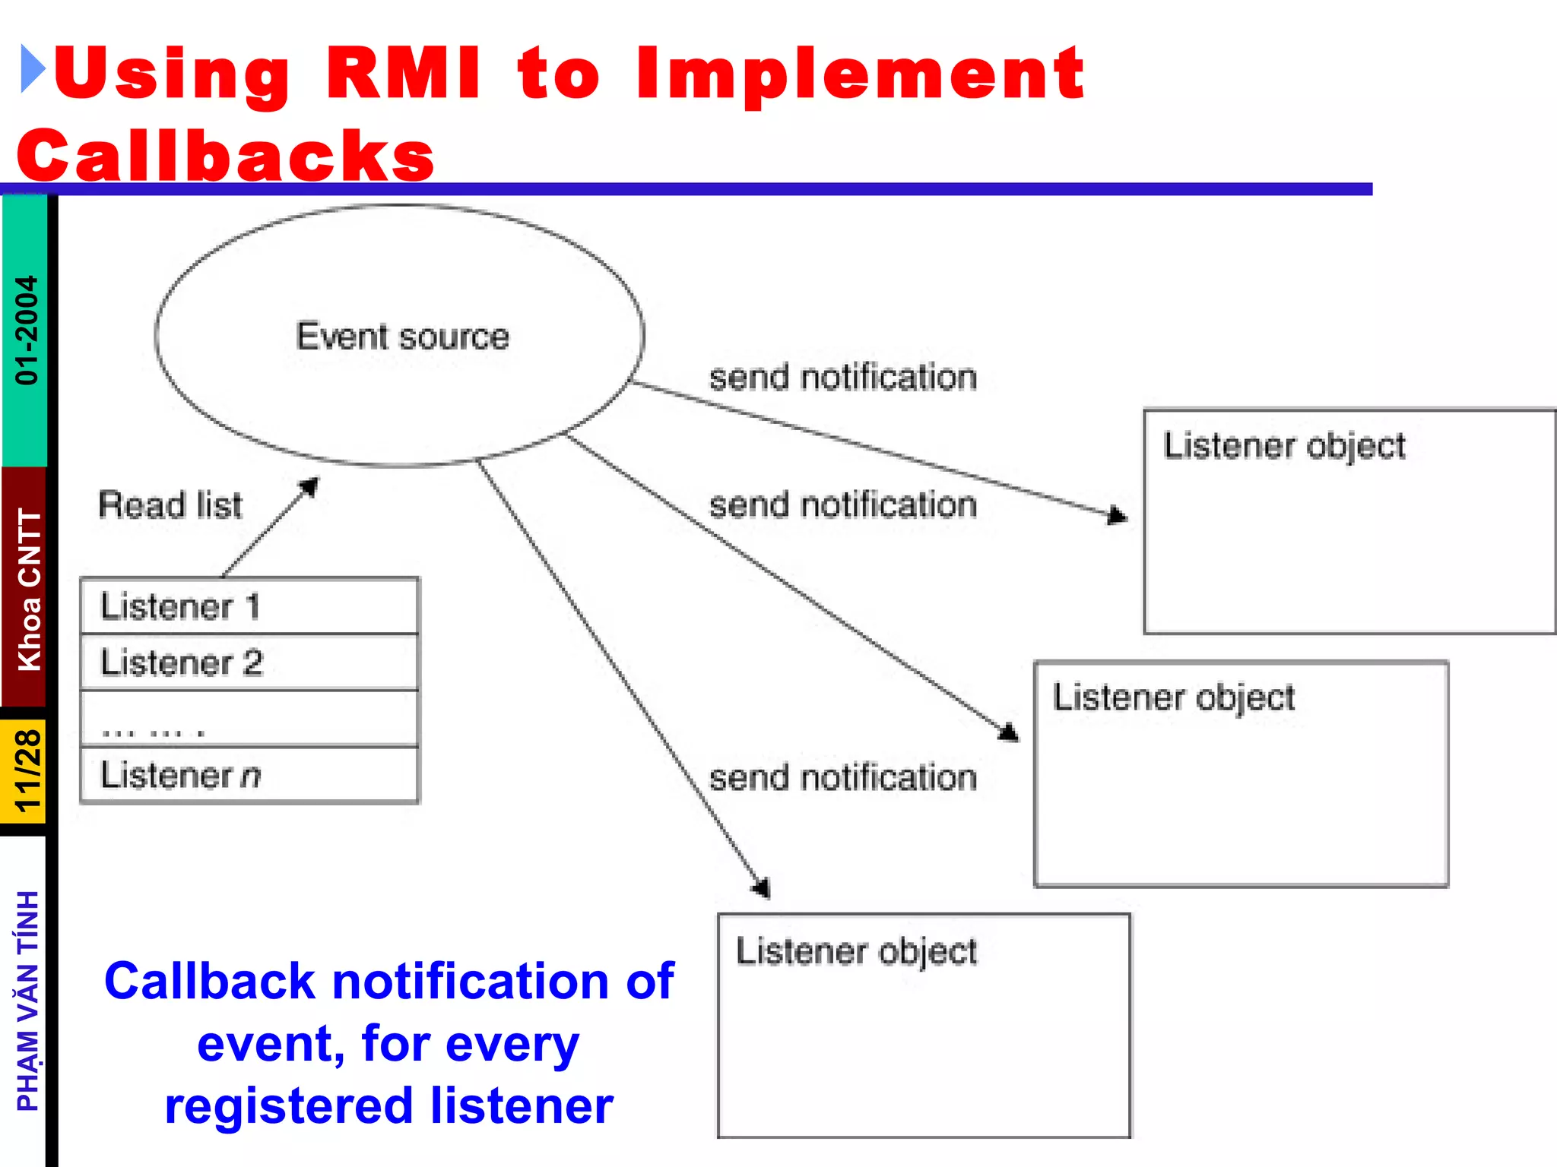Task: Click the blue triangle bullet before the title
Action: click(x=33, y=70)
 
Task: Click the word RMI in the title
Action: click(x=403, y=74)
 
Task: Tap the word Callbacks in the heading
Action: click(x=226, y=155)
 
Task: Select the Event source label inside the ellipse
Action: click(x=402, y=337)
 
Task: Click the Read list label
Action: click(x=170, y=505)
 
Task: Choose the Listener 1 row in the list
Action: click(x=249, y=606)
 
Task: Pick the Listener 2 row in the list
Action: click(x=249, y=663)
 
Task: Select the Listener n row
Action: click(x=249, y=775)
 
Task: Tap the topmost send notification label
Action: click(x=842, y=378)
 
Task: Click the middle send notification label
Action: click(x=842, y=505)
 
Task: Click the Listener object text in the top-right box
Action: click(x=1284, y=447)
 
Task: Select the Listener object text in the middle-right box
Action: click(x=1173, y=698)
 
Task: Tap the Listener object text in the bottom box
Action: click(x=856, y=952)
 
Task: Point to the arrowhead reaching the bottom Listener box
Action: click(x=763, y=889)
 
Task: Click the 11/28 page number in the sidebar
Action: click(x=27, y=771)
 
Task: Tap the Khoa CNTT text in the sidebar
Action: click(x=29, y=590)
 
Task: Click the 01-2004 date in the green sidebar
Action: click(x=27, y=330)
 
